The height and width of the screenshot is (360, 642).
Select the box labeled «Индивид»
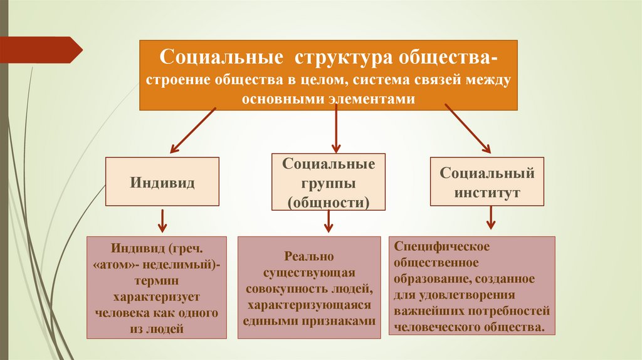[x=162, y=181]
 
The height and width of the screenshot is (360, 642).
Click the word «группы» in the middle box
[x=329, y=183]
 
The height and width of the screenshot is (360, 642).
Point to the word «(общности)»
[x=329, y=202]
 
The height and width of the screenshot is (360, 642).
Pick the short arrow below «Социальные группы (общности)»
[x=329, y=221]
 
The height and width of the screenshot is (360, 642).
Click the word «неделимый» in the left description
[x=186, y=265]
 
